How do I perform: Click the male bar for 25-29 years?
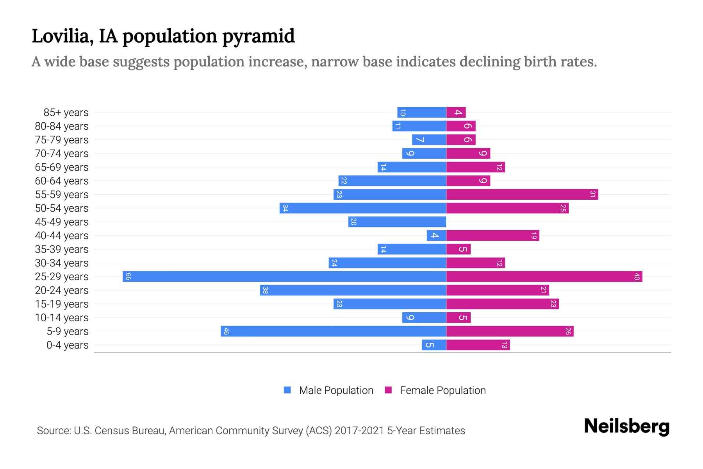click(284, 277)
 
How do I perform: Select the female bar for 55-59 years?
click(522, 195)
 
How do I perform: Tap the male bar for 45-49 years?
click(397, 222)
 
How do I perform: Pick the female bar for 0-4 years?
click(478, 345)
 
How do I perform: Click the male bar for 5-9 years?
click(334, 331)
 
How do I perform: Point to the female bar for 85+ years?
click(456, 113)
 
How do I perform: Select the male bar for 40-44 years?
click(436, 236)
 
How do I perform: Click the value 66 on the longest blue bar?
click(128, 277)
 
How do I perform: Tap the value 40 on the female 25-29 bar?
click(637, 277)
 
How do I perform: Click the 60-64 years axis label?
click(62, 181)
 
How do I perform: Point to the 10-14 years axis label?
click(62, 318)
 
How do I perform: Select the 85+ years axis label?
click(66, 113)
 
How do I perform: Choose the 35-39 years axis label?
click(62, 249)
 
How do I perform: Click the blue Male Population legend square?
click(287, 390)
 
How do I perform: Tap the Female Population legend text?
click(442, 390)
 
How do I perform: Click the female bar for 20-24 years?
click(498, 290)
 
